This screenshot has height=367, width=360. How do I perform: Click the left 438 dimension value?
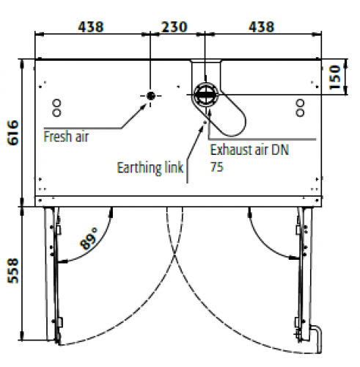coord(91,27)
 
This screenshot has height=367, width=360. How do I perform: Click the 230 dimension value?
coord(175,27)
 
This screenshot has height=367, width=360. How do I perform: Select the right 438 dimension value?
coord(261,27)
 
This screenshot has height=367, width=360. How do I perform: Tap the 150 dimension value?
coord(335,77)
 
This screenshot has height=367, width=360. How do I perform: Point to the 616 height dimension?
coord(13,133)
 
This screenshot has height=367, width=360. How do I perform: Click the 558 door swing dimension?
coord(13,271)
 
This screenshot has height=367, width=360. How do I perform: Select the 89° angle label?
coord(89,239)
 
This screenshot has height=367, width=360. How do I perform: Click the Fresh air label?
coord(66,137)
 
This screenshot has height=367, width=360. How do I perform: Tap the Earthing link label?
coord(150,168)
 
